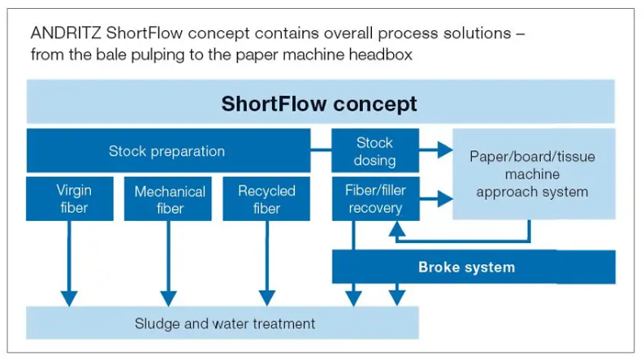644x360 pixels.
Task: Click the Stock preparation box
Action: (x=168, y=150)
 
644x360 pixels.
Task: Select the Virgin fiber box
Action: (x=70, y=199)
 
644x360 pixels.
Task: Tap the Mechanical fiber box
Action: (x=168, y=199)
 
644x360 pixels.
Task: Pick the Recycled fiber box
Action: (x=266, y=199)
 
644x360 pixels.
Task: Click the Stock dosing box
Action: (x=375, y=150)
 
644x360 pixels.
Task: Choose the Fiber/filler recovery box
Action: (x=376, y=199)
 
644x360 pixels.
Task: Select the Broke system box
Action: (x=473, y=267)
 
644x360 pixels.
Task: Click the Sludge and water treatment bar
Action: (x=223, y=323)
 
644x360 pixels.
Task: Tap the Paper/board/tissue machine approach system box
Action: (x=534, y=174)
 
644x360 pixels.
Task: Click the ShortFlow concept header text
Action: (x=319, y=103)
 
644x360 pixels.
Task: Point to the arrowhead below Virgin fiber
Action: (x=69, y=298)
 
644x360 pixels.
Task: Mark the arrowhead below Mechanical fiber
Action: (x=168, y=298)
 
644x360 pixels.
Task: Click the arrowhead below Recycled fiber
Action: (x=267, y=298)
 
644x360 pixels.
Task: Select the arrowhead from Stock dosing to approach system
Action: (x=445, y=150)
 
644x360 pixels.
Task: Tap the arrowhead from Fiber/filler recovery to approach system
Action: (x=445, y=199)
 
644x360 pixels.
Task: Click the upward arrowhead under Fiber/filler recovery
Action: (x=397, y=228)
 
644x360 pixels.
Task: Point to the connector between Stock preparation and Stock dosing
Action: (x=321, y=150)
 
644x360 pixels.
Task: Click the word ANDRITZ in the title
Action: (x=66, y=33)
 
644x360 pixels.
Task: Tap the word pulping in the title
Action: (x=158, y=55)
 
